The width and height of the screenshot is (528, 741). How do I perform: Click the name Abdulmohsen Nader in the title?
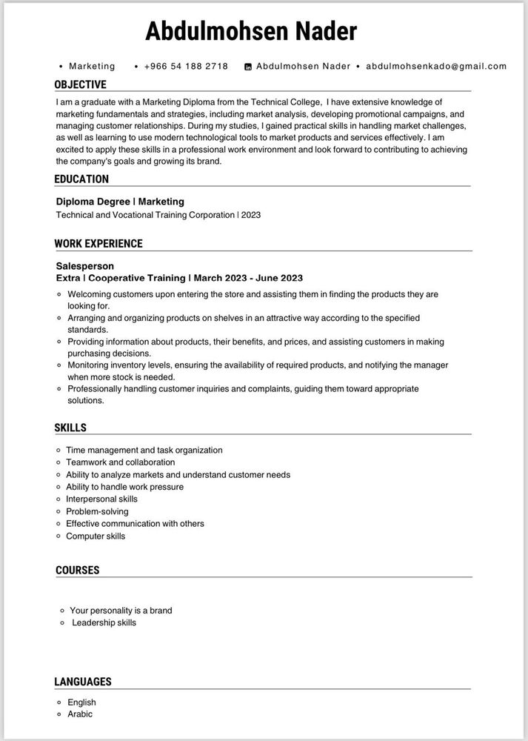pyautogui.click(x=251, y=31)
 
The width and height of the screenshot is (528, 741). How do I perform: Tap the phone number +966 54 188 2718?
pyautogui.click(x=186, y=66)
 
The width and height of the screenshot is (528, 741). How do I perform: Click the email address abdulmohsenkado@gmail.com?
pyautogui.click(x=436, y=66)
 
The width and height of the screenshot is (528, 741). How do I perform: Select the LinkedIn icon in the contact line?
pyautogui.click(x=248, y=67)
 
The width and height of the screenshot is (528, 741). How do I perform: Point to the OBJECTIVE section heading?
pyautogui.click(x=80, y=84)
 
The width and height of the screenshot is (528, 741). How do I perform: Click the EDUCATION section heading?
pyautogui.click(x=81, y=179)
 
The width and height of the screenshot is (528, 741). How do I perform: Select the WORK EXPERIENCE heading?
pyautogui.click(x=98, y=243)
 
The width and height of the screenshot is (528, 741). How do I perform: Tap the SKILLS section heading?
pyautogui.click(x=70, y=428)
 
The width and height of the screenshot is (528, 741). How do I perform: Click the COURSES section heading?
pyautogui.click(x=77, y=570)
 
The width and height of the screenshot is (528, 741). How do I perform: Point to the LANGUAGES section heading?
pyautogui.click(x=83, y=681)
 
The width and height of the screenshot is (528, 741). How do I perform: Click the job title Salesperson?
pyautogui.click(x=85, y=265)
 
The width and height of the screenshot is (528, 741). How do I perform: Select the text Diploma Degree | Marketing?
pyautogui.click(x=120, y=202)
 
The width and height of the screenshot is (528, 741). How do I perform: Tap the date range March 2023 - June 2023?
pyautogui.click(x=249, y=278)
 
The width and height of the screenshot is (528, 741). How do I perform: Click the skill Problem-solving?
pyautogui.click(x=97, y=511)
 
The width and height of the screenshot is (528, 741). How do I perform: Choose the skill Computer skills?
pyautogui.click(x=96, y=536)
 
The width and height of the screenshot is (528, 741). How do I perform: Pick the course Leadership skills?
pyautogui.click(x=104, y=622)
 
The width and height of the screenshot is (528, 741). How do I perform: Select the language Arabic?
pyautogui.click(x=80, y=714)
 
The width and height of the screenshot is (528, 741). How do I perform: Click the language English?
pyautogui.click(x=81, y=702)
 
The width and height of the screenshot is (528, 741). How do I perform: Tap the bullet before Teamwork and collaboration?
pyautogui.click(x=59, y=462)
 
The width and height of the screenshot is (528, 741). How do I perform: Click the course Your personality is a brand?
pyautogui.click(x=121, y=611)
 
